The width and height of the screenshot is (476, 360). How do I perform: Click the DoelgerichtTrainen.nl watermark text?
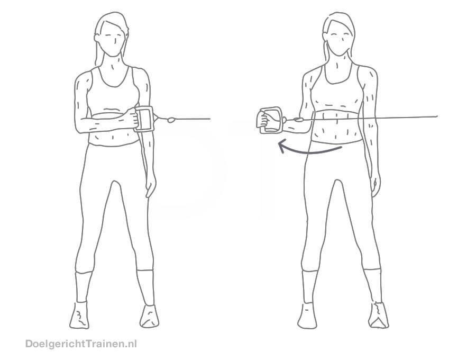(81, 344)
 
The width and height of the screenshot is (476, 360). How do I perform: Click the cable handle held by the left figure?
(143, 119)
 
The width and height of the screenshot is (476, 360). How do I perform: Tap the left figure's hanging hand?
(151, 187)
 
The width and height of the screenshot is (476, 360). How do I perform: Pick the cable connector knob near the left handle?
(171, 120)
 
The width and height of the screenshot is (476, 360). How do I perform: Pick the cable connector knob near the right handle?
(298, 120)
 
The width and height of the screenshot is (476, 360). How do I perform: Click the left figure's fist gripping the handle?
(130, 117)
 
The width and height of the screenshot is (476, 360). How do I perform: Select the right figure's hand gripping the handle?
(263, 120)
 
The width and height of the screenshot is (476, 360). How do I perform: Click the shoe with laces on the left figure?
(79, 316)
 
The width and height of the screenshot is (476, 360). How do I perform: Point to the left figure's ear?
(97, 38)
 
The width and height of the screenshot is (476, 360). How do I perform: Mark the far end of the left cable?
(210, 119)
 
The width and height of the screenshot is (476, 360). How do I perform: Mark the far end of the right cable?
(437, 116)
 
